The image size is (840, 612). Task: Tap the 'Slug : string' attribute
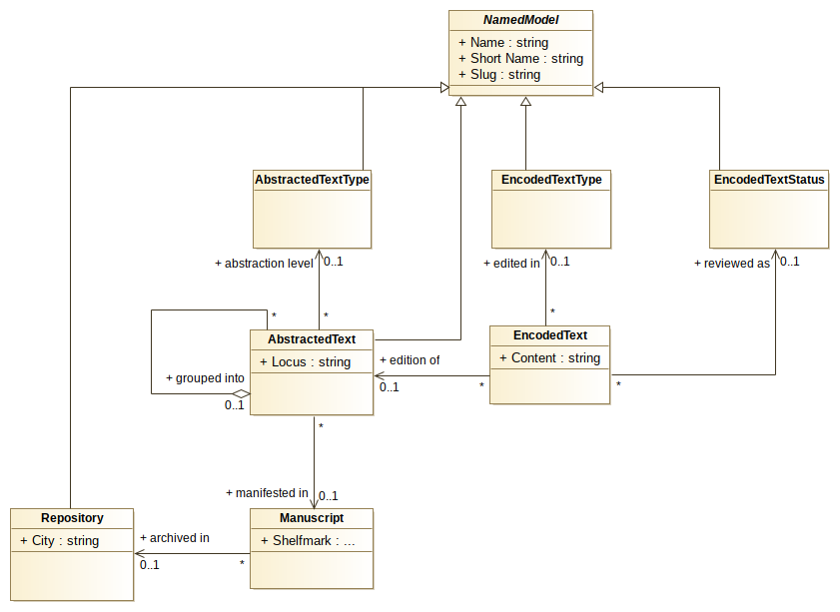[x=499, y=75]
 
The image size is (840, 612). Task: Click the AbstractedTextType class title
[x=312, y=180]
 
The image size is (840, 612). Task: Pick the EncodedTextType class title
[x=550, y=180]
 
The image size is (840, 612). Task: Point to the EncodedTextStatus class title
[x=769, y=180]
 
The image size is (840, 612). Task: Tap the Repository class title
[x=72, y=518]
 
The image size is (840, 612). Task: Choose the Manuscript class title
[x=312, y=518]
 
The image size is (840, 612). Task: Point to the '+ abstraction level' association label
[x=264, y=264]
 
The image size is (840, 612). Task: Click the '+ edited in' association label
[x=510, y=264]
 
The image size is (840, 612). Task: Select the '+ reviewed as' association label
[x=732, y=264]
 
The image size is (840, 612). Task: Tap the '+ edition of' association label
[x=410, y=359]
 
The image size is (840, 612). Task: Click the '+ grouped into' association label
[x=205, y=378]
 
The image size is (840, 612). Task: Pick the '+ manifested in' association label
[x=267, y=492]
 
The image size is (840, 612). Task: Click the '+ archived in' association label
[x=174, y=538]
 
